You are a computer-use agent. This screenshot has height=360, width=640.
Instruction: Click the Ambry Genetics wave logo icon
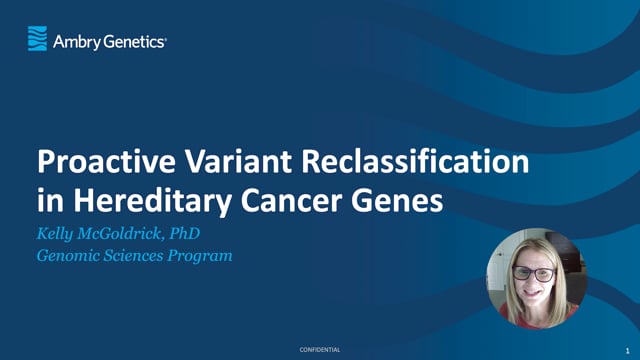click(x=37, y=39)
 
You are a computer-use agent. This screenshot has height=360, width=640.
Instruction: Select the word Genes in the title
click(x=399, y=200)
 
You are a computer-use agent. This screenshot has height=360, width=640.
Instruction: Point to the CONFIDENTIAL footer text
click(x=320, y=349)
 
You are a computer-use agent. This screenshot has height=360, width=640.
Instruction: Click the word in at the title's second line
click(x=48, y=200)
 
